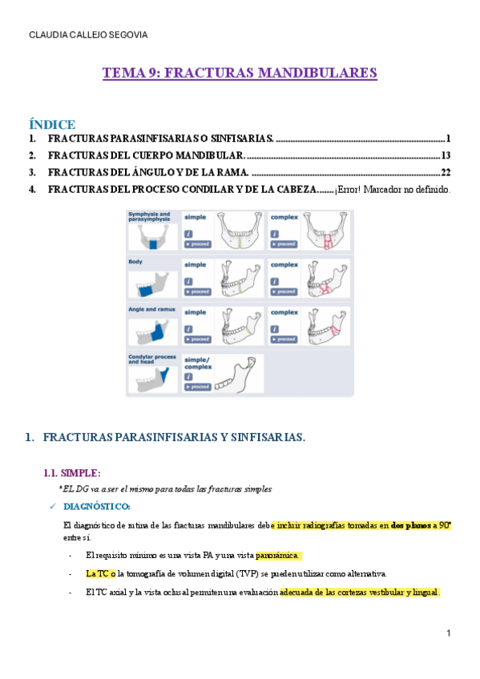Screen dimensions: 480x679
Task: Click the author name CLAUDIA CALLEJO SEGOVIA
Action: [x=88, y=35]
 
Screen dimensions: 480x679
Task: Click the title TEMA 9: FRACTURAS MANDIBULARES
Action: [x=240, y=73]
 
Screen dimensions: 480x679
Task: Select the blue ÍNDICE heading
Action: [x=52, y=124]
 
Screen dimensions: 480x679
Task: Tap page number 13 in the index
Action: [x=446, y=155]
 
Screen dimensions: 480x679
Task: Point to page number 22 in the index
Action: [x=446, y=172]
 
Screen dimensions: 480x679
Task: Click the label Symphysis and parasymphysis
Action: [x=149, y=217]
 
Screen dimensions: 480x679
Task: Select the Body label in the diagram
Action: [x=135, y=262]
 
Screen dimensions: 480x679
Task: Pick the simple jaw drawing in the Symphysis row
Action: [x=238, y=231]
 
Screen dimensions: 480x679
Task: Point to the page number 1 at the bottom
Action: [x=450, y=633]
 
